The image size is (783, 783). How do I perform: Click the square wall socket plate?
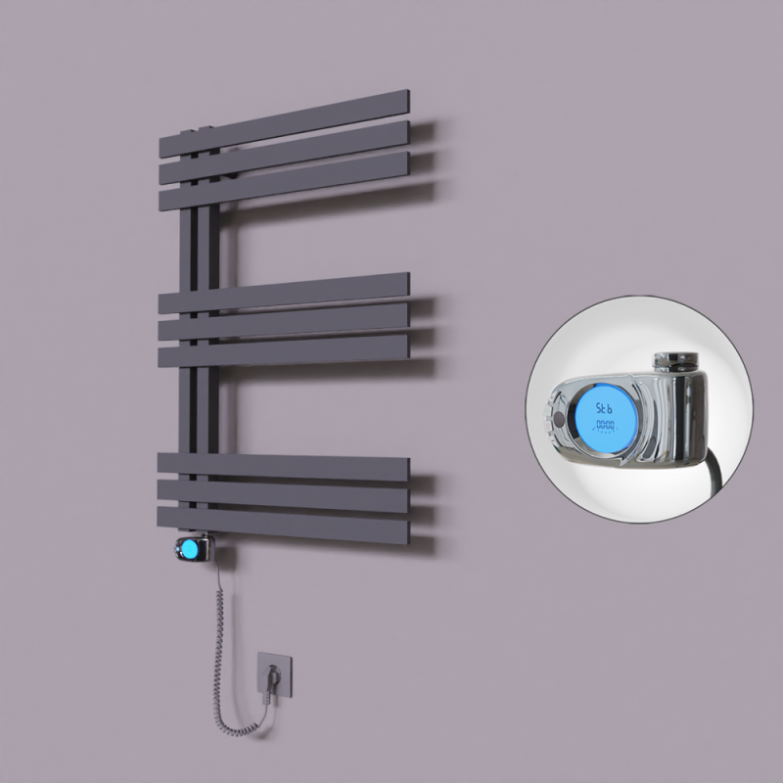tap(273, 674)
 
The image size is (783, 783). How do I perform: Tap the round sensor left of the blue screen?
tap(558, 420)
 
